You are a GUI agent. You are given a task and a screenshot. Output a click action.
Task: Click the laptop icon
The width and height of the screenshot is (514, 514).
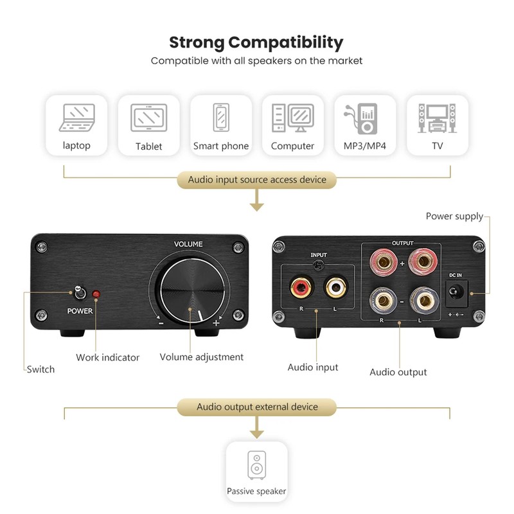[x=76, y=118]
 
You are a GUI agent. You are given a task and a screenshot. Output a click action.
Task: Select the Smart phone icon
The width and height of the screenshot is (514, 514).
[x=221, y=118]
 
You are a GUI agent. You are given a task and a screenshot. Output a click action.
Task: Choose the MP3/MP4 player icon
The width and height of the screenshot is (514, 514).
[x=365, y=118]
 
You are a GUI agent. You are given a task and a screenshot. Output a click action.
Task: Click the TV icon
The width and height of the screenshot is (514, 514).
[x=437, y=118]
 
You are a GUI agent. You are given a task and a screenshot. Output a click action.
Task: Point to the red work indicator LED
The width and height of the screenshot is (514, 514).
[x=96, y=294]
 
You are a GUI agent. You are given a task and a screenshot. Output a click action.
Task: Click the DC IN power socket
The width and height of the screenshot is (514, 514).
[x=456, y=292]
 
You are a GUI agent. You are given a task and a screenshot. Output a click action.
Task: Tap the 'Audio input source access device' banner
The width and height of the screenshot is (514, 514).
[x=257, y=179]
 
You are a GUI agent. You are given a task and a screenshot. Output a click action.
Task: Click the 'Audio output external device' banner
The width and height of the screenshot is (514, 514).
[x=257, y=407]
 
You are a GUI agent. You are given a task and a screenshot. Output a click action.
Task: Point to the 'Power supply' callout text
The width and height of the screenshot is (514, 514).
[x=454, y=217]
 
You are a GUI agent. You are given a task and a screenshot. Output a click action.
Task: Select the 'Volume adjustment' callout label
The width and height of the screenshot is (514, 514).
[x=201, y=357]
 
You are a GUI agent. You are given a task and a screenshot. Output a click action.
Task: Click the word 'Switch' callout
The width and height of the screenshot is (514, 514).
[x=40, y=369]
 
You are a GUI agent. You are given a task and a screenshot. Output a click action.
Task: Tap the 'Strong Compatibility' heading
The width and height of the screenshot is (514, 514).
[x=256, y=43]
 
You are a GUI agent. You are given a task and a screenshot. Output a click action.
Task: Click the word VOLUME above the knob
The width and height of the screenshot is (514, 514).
[x=188, y=244]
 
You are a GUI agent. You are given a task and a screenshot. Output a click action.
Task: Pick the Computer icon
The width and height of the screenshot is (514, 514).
[x=292, y=118]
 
